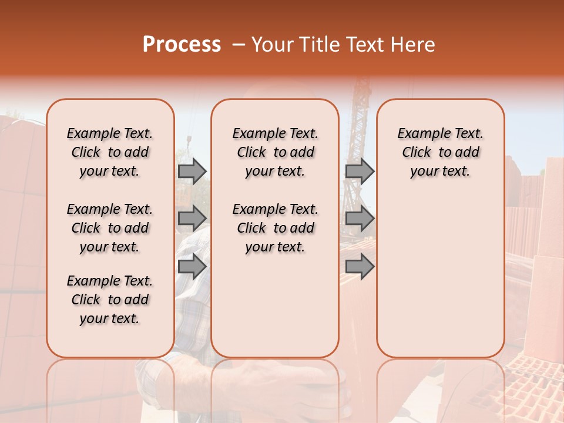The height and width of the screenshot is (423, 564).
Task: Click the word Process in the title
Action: coord(182,45)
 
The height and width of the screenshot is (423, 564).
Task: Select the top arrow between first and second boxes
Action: coord(192,171)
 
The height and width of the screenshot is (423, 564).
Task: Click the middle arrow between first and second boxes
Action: coord(192,218)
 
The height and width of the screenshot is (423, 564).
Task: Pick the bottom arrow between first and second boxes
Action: coord(192,266)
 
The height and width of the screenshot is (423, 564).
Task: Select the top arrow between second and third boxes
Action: coord(360,171)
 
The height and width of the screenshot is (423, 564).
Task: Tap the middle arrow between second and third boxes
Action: coord(360,218)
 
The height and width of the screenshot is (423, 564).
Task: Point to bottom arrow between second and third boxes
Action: coord(360,266)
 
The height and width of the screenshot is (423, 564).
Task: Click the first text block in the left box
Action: coord(110,152)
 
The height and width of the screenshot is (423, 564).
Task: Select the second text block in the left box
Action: coord(110,228)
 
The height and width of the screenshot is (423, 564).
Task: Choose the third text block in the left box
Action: coord(110,300)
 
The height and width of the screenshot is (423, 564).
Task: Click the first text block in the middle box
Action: coord(275,152)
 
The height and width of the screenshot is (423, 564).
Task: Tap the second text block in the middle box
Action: coord(275,228)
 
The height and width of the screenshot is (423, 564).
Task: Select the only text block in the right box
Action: coord(440,152)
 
